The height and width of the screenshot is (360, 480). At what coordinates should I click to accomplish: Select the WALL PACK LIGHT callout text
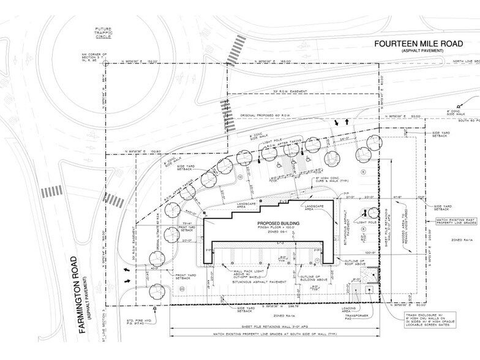[241, 274]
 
